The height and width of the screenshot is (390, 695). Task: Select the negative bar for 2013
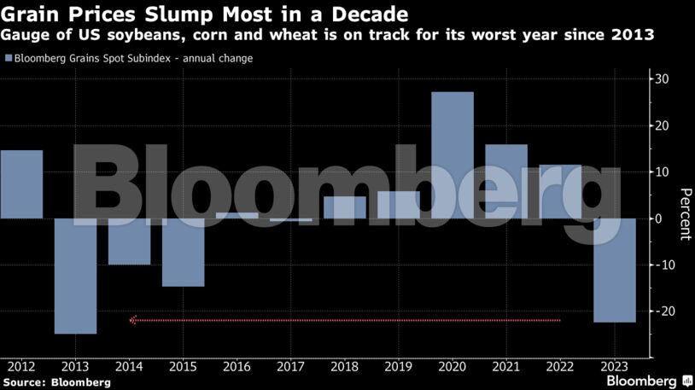(x=75, y=276)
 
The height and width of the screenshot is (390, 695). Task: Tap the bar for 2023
(x=615, y=271)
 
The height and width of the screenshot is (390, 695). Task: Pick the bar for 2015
(x=184, y=252)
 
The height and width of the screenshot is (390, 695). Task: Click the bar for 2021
(x=506, y=181)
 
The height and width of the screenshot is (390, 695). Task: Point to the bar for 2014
(x=129, y=242)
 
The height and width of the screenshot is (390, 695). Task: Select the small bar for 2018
(x=345, y=207)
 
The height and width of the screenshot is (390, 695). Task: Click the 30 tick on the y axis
(x=662, y=79)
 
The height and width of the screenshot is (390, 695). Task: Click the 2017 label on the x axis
(x=291, y=368)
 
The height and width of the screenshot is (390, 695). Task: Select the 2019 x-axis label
(x=399, y=368)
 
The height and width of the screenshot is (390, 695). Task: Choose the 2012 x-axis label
(x=21, y=368)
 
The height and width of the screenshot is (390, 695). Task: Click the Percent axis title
(x=684, y=214)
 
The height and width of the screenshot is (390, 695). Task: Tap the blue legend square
(x=9, y=58)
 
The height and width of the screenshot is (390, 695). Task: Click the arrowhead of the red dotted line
(x=133, y=320)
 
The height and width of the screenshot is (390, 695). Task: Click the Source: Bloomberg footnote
(x=56, y=382)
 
